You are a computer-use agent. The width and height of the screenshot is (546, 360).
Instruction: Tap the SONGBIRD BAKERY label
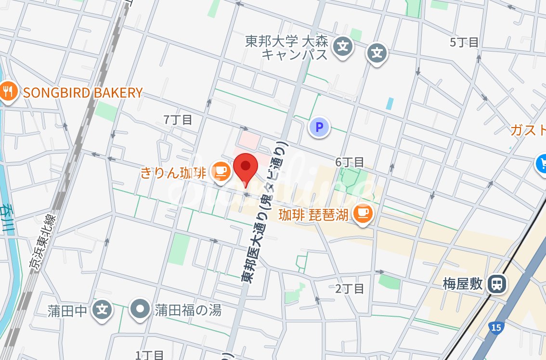tap(83, 92)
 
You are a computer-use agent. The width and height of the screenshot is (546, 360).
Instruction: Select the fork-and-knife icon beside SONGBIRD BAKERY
tap(8, 91)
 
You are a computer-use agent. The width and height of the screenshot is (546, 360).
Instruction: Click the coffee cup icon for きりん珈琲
tap(221, 171)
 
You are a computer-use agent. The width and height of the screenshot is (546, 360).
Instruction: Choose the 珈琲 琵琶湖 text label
tap(313, 215)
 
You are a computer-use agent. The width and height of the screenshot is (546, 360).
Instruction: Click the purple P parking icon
tap(318, 128)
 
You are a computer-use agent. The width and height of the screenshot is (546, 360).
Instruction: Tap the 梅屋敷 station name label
tap(463, 283)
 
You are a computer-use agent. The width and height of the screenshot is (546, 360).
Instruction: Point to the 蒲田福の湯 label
tap(188, 310)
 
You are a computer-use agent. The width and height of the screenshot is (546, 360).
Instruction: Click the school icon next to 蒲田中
tap(102, 309)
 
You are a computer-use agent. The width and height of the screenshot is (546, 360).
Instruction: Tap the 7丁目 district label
tap(178, 120)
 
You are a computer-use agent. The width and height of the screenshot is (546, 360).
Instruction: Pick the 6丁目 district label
tap(350, 162)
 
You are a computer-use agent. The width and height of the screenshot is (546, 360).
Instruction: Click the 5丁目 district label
tap(464, 42)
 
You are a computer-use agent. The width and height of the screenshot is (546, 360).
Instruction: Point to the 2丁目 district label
tap(350, 289)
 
